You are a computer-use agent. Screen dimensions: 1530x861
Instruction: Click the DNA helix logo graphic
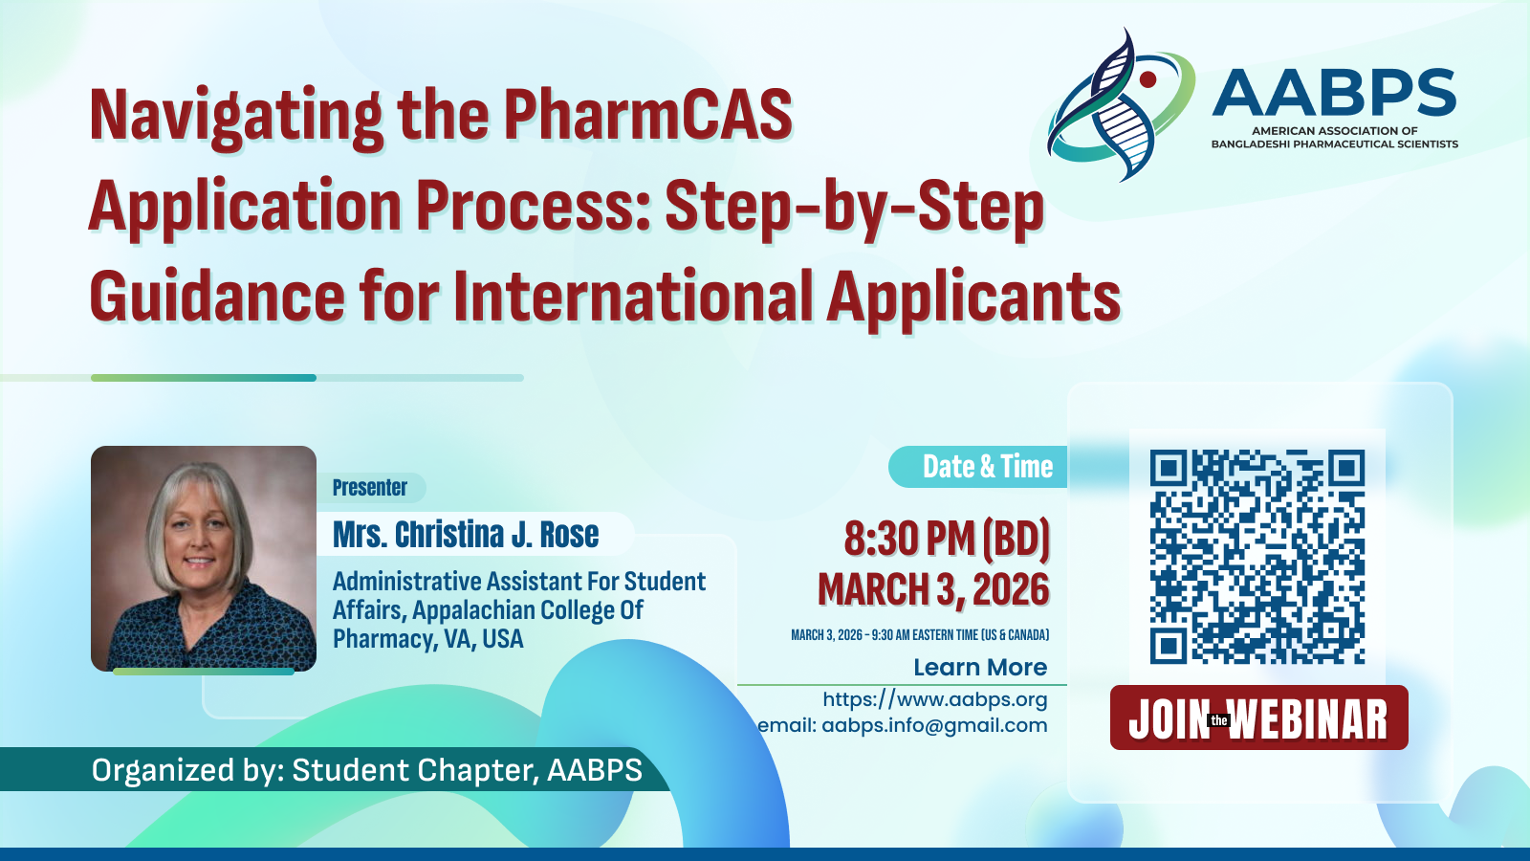(1120, 104)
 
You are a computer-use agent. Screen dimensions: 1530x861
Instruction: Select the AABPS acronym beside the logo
(1333, 92)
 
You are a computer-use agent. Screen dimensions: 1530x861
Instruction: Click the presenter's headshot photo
(204, 559)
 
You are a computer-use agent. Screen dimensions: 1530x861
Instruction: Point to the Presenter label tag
(369, 488)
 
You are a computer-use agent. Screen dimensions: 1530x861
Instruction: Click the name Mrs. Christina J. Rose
(466, 535)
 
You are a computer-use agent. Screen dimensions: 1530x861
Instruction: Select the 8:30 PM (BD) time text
(947, 539)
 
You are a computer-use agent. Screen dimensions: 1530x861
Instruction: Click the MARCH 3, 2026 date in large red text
(933, 589)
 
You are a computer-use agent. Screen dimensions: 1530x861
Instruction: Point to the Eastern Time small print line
(920, 635)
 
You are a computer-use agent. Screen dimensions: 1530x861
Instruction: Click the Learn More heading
(980, 667)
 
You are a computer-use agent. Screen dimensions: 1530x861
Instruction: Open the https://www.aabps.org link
(935, 699)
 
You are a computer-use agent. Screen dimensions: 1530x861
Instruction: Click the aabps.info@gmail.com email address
(934, 725)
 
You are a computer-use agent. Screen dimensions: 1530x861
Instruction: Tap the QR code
(1257, 556)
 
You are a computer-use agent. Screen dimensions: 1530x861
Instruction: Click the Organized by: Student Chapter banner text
(367, 770)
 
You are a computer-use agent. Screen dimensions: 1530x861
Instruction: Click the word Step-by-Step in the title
(855, 205)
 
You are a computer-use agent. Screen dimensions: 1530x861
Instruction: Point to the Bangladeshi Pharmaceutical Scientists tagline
(1335, 144)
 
